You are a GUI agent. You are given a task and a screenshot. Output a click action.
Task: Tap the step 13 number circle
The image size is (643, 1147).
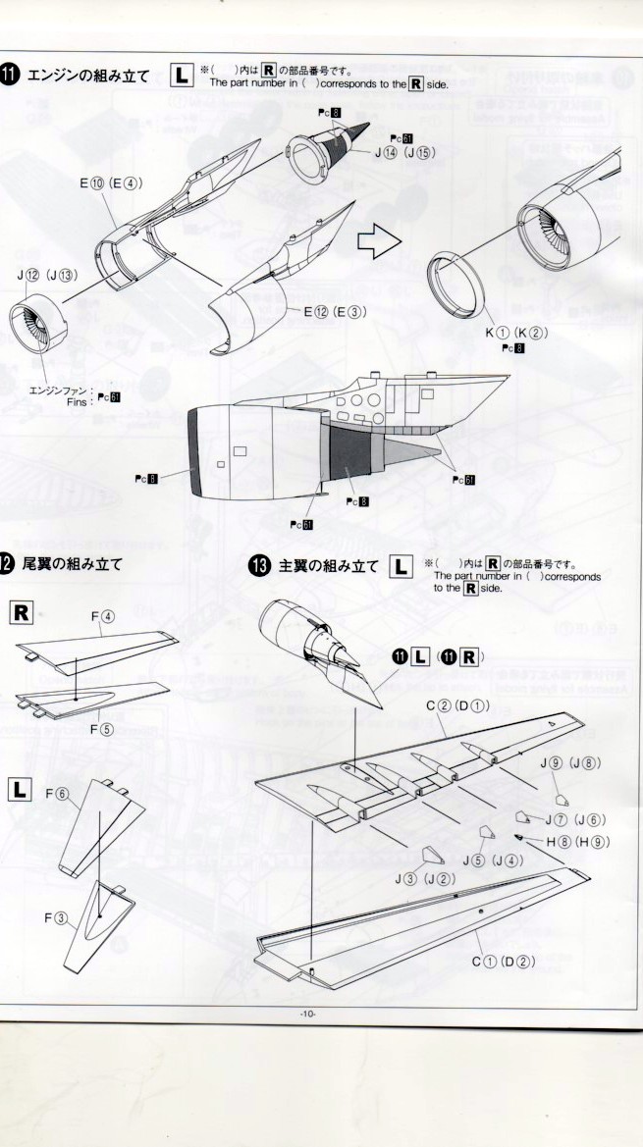point(260,567)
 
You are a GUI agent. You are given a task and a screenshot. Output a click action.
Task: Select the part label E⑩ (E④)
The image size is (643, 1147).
point(113,182)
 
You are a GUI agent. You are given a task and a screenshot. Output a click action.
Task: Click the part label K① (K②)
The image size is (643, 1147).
point(516,333)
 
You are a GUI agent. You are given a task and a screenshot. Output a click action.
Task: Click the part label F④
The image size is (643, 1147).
point(105,618)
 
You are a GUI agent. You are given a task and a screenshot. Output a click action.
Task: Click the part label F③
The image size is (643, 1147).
point(56,917)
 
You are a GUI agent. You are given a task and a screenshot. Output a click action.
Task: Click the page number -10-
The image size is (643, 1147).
point(309,1014)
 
